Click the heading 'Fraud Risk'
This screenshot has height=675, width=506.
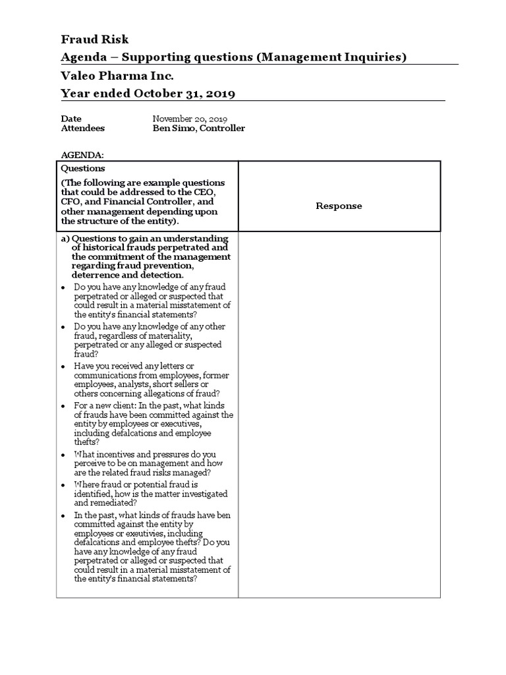[x=95, y=40]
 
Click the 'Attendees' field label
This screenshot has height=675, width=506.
[x=82, y=128]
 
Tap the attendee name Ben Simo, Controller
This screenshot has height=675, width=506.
[x=199, y=128]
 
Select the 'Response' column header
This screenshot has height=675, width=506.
[x=339, y=206]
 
